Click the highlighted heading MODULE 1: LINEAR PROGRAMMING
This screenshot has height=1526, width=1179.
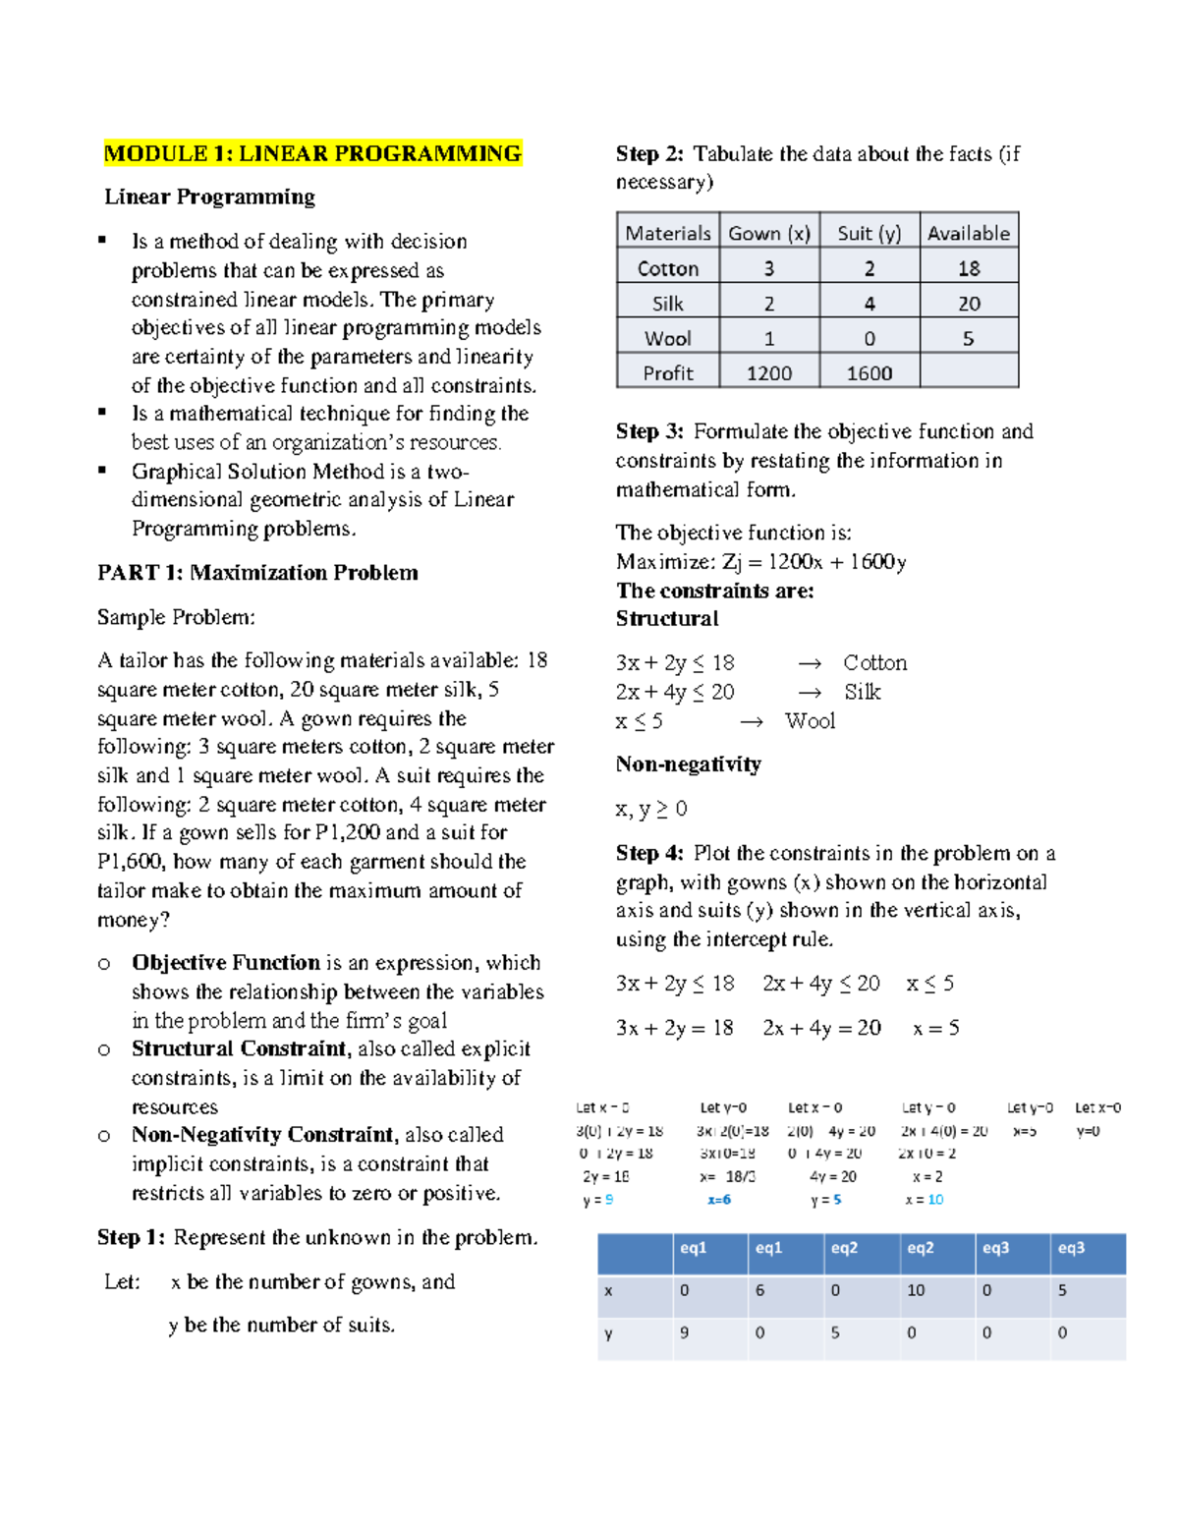(312, 153)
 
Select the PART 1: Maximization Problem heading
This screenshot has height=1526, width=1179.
(257, 573)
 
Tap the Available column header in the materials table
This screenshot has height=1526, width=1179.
(968, 233)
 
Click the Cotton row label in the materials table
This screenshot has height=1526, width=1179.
(667, 268)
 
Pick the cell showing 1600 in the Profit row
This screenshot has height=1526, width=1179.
(869, 373)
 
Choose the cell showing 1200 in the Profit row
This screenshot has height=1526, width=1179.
(768, 373)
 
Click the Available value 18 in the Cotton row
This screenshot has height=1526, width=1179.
(968, 268)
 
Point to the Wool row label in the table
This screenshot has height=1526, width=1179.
(667, 338)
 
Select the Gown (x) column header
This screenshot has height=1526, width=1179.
(768, 233)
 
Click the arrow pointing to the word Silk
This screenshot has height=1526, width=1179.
(810, 693)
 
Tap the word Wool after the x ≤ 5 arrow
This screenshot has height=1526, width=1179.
(810, 721)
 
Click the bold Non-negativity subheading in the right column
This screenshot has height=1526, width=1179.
(688, 764)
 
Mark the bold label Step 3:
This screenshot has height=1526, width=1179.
(649, 431)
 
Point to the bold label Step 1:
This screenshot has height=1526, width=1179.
(131, 1237)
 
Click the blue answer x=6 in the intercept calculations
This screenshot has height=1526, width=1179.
(719, 1200)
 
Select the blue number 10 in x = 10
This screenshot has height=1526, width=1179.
(935, 1200)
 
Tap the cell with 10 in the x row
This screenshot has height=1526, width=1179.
(916, 1290)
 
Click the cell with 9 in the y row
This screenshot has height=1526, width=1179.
(684, 1333)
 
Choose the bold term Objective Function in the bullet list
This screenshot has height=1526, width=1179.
(226, 963)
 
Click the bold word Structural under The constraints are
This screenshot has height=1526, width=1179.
(667, 619)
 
